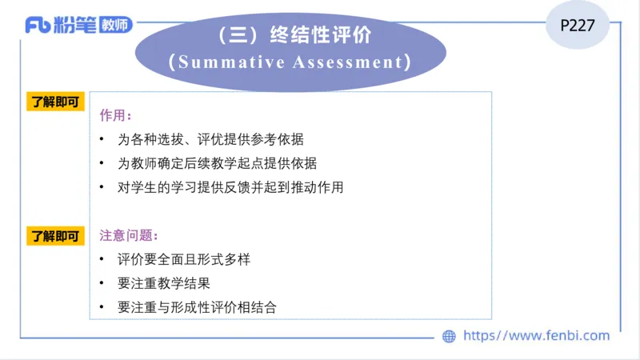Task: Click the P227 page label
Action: (x=577, y=25)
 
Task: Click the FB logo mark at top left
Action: (x=38, y=26)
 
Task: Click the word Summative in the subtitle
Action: (x=227, y=62)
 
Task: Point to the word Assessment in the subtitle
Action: (x=351, y=62)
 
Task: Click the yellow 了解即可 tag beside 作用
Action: (x=56, y=102)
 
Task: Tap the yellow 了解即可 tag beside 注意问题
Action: (x=56, y=236)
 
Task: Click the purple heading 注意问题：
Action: (x=129, y=236)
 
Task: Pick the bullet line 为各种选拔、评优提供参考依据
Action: (x=210, y=139)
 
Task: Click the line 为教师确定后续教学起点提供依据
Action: (x=217, y=163)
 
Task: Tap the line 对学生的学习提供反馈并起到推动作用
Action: (x=230, y=187)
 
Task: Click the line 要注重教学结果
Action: (x=164, y=283)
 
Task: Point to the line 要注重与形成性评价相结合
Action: (x=197, y=307)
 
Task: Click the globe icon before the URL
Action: (x=450, y=336)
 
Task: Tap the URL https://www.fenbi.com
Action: (x=536, y=336)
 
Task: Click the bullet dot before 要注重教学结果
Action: (x=102, y=283)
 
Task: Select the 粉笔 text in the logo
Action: (x=74, y=26)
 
